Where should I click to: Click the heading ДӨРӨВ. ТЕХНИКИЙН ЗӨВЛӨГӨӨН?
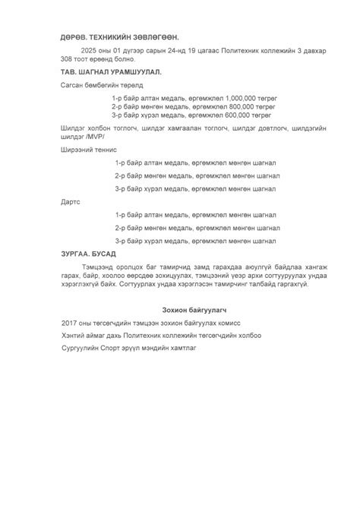(x=120, y=36)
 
